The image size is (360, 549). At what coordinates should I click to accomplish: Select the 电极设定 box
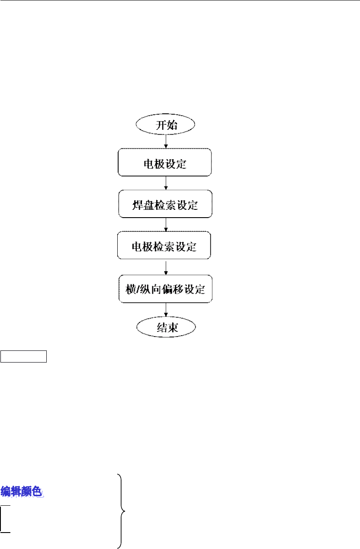165,162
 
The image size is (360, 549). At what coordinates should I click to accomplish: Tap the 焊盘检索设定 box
165,204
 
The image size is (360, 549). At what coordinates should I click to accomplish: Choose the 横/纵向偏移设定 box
166,288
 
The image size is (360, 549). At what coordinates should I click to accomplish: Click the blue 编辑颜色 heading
22,491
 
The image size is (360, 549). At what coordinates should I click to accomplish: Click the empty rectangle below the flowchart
23,356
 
